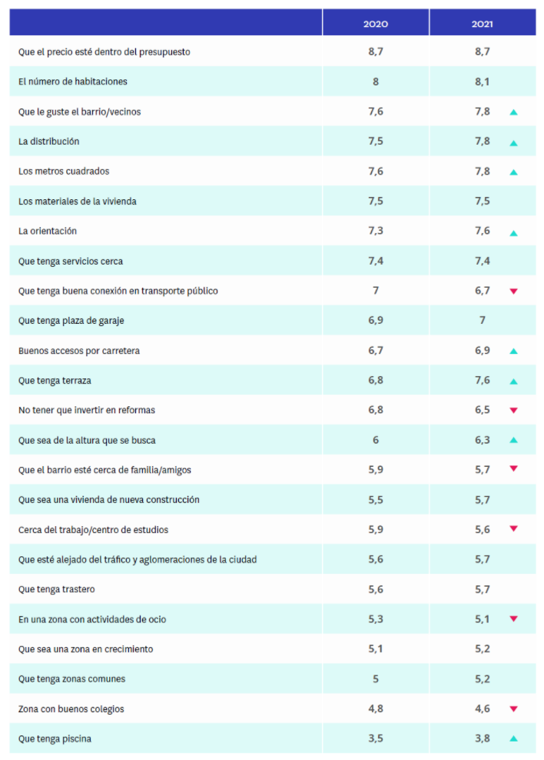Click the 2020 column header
375,24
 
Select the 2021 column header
482,24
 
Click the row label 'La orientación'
48,231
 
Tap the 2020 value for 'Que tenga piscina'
375,738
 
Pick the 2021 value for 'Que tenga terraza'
482,380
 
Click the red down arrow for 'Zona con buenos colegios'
513,709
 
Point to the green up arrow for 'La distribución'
513,142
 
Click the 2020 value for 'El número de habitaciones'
375,82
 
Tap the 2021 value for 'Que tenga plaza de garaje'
482,320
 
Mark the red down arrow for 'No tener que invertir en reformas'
513,411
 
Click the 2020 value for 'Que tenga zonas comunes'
375,678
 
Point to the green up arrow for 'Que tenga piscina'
513,739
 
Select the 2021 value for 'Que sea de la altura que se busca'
482,440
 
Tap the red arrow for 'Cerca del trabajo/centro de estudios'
513,529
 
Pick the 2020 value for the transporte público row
375,291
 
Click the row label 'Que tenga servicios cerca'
71,262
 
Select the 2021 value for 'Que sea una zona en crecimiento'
482,649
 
